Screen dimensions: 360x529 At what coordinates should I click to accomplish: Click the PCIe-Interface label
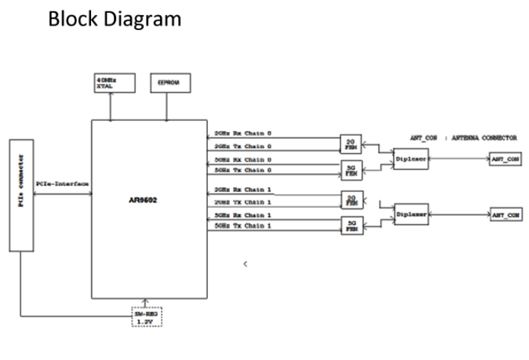click(62, 184)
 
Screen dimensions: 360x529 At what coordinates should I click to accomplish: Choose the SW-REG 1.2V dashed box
click(146, 316)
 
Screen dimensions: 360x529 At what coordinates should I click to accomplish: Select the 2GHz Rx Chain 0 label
click(243, 133)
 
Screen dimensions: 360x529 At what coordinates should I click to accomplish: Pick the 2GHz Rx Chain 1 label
click(243, 191)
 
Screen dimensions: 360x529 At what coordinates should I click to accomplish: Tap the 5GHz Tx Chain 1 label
click(243, 226)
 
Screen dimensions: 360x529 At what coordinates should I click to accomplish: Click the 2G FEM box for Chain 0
click(350, 144)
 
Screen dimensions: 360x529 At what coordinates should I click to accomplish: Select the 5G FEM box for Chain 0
click(350, 170)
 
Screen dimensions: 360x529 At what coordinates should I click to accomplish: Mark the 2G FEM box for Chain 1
click(350, 200)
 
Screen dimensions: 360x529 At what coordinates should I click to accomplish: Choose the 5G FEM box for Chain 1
click(350, 226)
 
